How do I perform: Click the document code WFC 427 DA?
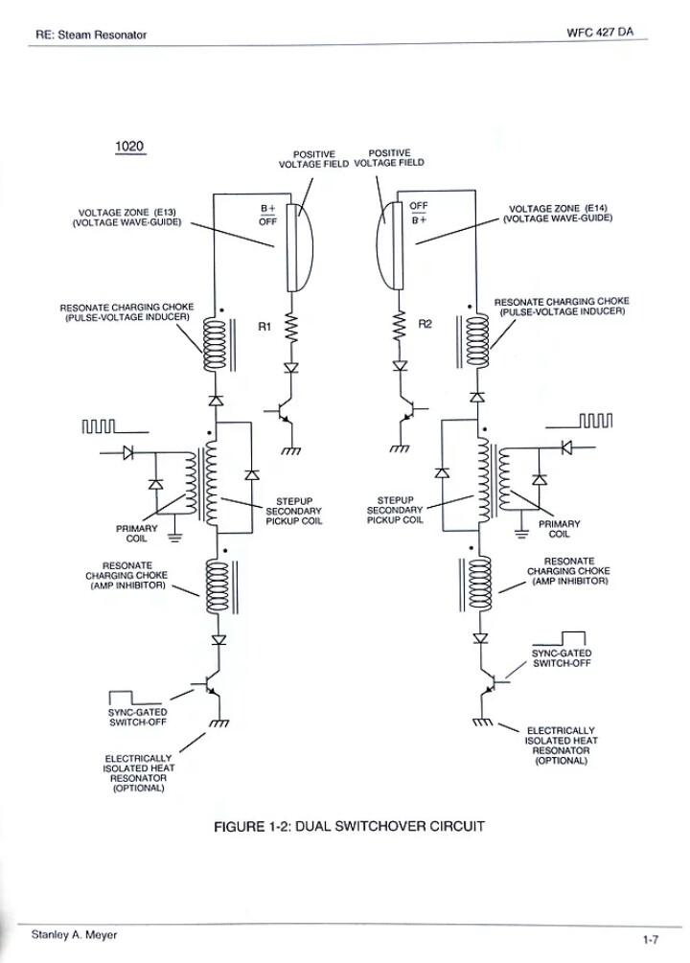point(600,31)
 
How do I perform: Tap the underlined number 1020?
point(128,147)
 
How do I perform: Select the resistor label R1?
point(265,327)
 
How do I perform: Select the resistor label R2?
point(426,324)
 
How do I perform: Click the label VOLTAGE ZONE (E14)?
point(559,214)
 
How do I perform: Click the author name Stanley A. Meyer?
point(75,934)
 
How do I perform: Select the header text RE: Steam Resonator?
point(91,35)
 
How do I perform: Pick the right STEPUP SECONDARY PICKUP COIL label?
point(395,511)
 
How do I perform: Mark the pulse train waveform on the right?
point(595,419)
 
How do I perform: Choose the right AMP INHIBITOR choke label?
point(569,571)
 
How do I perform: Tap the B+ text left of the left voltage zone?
point(267,208)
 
